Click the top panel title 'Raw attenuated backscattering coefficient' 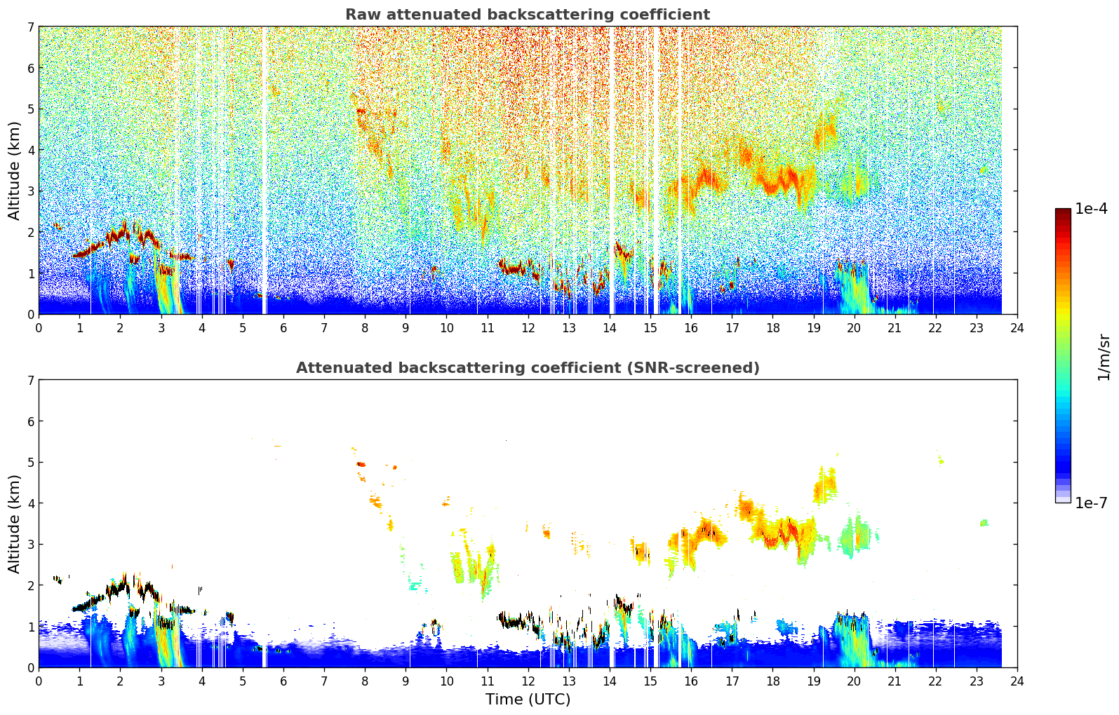pyautogui.click(x=527, y=15)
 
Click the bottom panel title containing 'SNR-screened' pyautogui.click(x=527, y=368)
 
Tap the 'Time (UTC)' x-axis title pyautogui.click(x=528, y=700)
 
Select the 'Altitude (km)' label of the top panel pyautogui.click(x=14, y=170)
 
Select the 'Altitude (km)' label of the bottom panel pyautogui.click(x=14, y=524)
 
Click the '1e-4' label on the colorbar pyautogui.click(x=1091, y=209)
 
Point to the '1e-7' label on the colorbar pyautogui.click(x=1091, y=503)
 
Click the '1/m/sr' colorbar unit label pyautogui.click(x=1104, y=357)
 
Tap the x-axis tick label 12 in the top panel pyautogui.click(x=528, y=328)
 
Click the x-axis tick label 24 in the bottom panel pyautogui.click(x=1017, y=681)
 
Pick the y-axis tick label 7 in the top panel pyautogui.click(x=31, y=27)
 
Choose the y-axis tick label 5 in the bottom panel pyautogui.click(x=31, y=462)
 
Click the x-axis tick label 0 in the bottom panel pyautogui.click(x=39, y=681)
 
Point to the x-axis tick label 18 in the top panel pyautogui.click(x=772, y=328)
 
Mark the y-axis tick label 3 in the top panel pyautogui.click(x=31, y=191)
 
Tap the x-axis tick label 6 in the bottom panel pyautogui.click(x=283, y=681)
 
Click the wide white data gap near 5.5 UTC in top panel pyautogui.click(x=264, y=168)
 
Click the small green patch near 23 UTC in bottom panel pyautogui.click(x=984, y=522)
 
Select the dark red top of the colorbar pyautogui.click(x=1063, y=212)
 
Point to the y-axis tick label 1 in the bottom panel pyautogui.click(x=31, y=627)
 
